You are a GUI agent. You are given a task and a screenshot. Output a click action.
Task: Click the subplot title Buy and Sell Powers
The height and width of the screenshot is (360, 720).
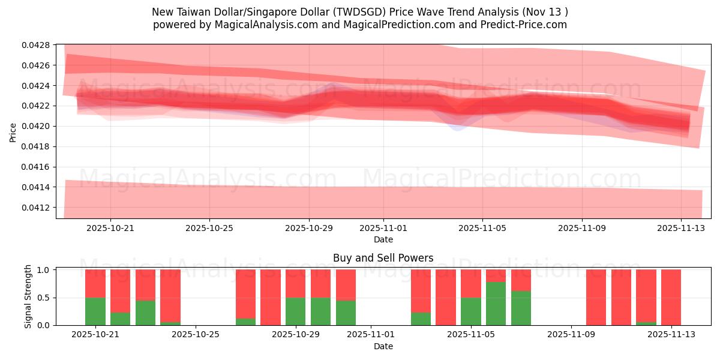383,258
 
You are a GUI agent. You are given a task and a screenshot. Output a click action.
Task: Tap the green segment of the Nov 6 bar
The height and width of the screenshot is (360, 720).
496,304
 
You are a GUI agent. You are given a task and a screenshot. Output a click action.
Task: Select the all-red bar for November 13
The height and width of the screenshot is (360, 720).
671,297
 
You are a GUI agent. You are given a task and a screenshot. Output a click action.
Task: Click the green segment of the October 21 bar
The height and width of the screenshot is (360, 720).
95,311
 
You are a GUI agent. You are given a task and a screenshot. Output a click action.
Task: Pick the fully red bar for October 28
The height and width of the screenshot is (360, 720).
271,297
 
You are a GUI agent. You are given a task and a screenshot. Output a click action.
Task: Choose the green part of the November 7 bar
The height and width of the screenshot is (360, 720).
521,308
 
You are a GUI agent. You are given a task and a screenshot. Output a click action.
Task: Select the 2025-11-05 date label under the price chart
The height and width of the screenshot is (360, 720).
482,228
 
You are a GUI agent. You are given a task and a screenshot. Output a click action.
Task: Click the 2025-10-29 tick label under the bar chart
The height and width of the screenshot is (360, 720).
295,334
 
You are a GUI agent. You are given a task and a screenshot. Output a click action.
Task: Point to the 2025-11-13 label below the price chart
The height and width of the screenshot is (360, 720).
680,228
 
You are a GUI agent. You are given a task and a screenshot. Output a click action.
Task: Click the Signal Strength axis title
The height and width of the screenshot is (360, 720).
28,296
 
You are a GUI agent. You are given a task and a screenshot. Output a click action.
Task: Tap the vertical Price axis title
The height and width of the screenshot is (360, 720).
13,132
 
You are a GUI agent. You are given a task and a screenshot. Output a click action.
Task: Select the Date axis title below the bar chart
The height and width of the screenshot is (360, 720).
383,346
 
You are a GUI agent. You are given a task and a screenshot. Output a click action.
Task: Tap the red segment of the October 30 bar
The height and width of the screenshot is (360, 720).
320,283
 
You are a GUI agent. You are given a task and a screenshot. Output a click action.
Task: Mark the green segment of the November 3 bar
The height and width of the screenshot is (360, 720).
421,319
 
